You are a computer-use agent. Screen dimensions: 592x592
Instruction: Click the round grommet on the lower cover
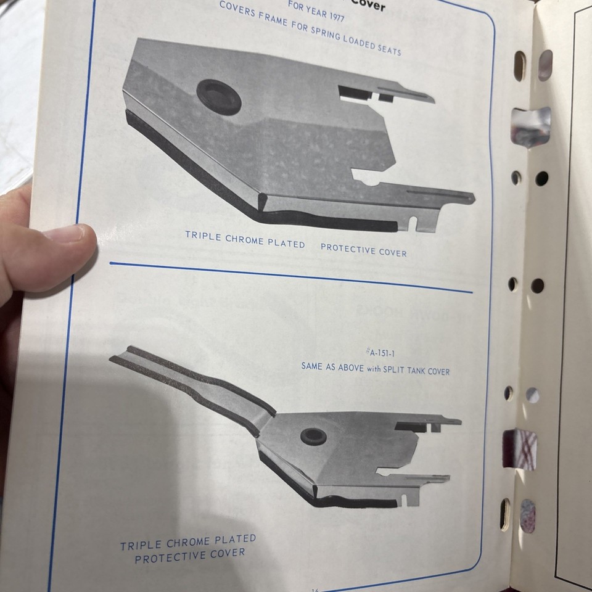tap(313, 436)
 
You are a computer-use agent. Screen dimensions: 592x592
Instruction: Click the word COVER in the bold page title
tap(368, 7)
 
